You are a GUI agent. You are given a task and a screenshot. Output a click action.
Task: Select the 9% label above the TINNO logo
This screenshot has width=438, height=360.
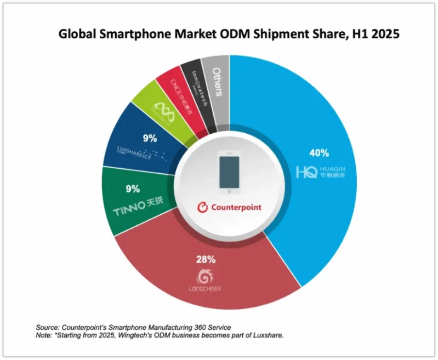coord(133,189)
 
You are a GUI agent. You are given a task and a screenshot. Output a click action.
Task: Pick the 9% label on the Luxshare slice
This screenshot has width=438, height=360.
coord(150,139)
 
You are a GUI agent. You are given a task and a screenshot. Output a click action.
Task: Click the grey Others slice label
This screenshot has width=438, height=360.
coord(217,81)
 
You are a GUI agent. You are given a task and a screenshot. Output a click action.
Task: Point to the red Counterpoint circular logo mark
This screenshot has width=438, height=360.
coord(202,208)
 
